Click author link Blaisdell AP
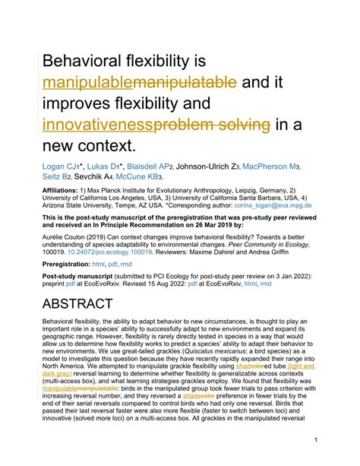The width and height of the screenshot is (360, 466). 134,165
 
